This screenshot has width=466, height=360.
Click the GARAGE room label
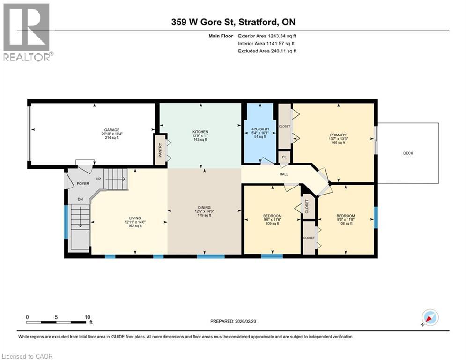tap(112, 130)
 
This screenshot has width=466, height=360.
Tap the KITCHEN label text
tap(200, 132)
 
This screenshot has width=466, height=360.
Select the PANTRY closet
tap(160, 150)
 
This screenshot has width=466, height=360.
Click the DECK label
tap(408, 153)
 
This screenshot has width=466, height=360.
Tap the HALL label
tap(284, 174)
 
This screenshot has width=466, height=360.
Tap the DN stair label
tap(80, 199)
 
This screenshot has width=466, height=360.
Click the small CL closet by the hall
tap(283, 157)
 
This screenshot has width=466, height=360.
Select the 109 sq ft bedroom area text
tap(272, 224)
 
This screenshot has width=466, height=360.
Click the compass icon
tap(429, 317)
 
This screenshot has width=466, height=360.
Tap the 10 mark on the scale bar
tap(88, 317)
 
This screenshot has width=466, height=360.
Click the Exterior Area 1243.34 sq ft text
tap(267, 36)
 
